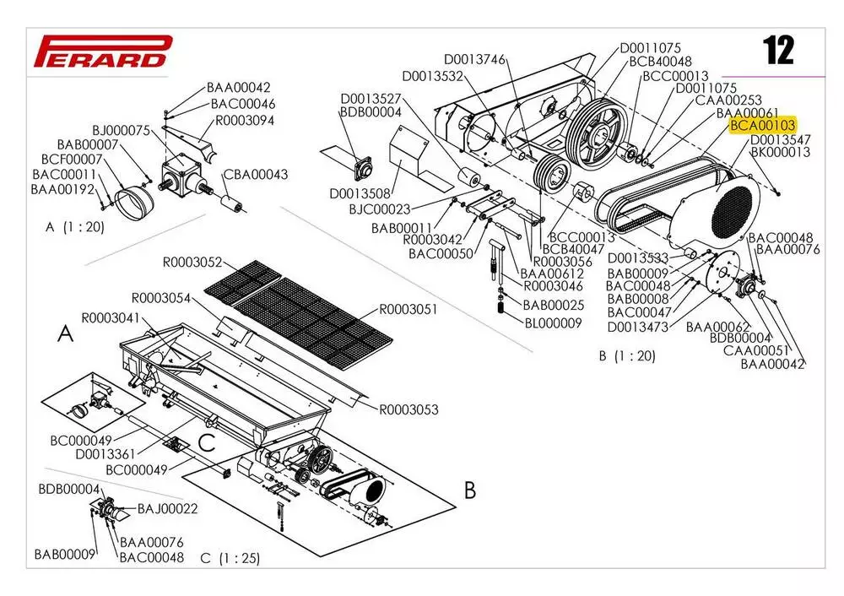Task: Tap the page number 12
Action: (x=778, y=51)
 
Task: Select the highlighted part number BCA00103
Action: (x=762, y=126)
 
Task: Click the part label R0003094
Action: (x=245, y=120)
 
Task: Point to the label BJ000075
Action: (x=121, y=131)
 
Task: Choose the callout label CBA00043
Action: (x=256, y=175)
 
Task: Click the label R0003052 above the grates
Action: (x=192, y=262)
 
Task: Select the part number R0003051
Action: (x=408, y=309)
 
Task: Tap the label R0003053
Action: (x=409, y=410)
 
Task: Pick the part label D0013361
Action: (x=105, y=454)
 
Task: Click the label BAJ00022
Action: (x=167, y=508)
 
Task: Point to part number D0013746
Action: (x=474, y=59)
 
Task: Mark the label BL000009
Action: (x=553, y=322)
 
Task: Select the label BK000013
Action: (x=781, y=153)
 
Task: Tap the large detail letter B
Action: (x=470, y=490)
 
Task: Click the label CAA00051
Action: (x=755, y=350)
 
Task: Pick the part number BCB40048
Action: (x=660, y=62)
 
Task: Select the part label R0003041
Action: (x=110, y=318)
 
